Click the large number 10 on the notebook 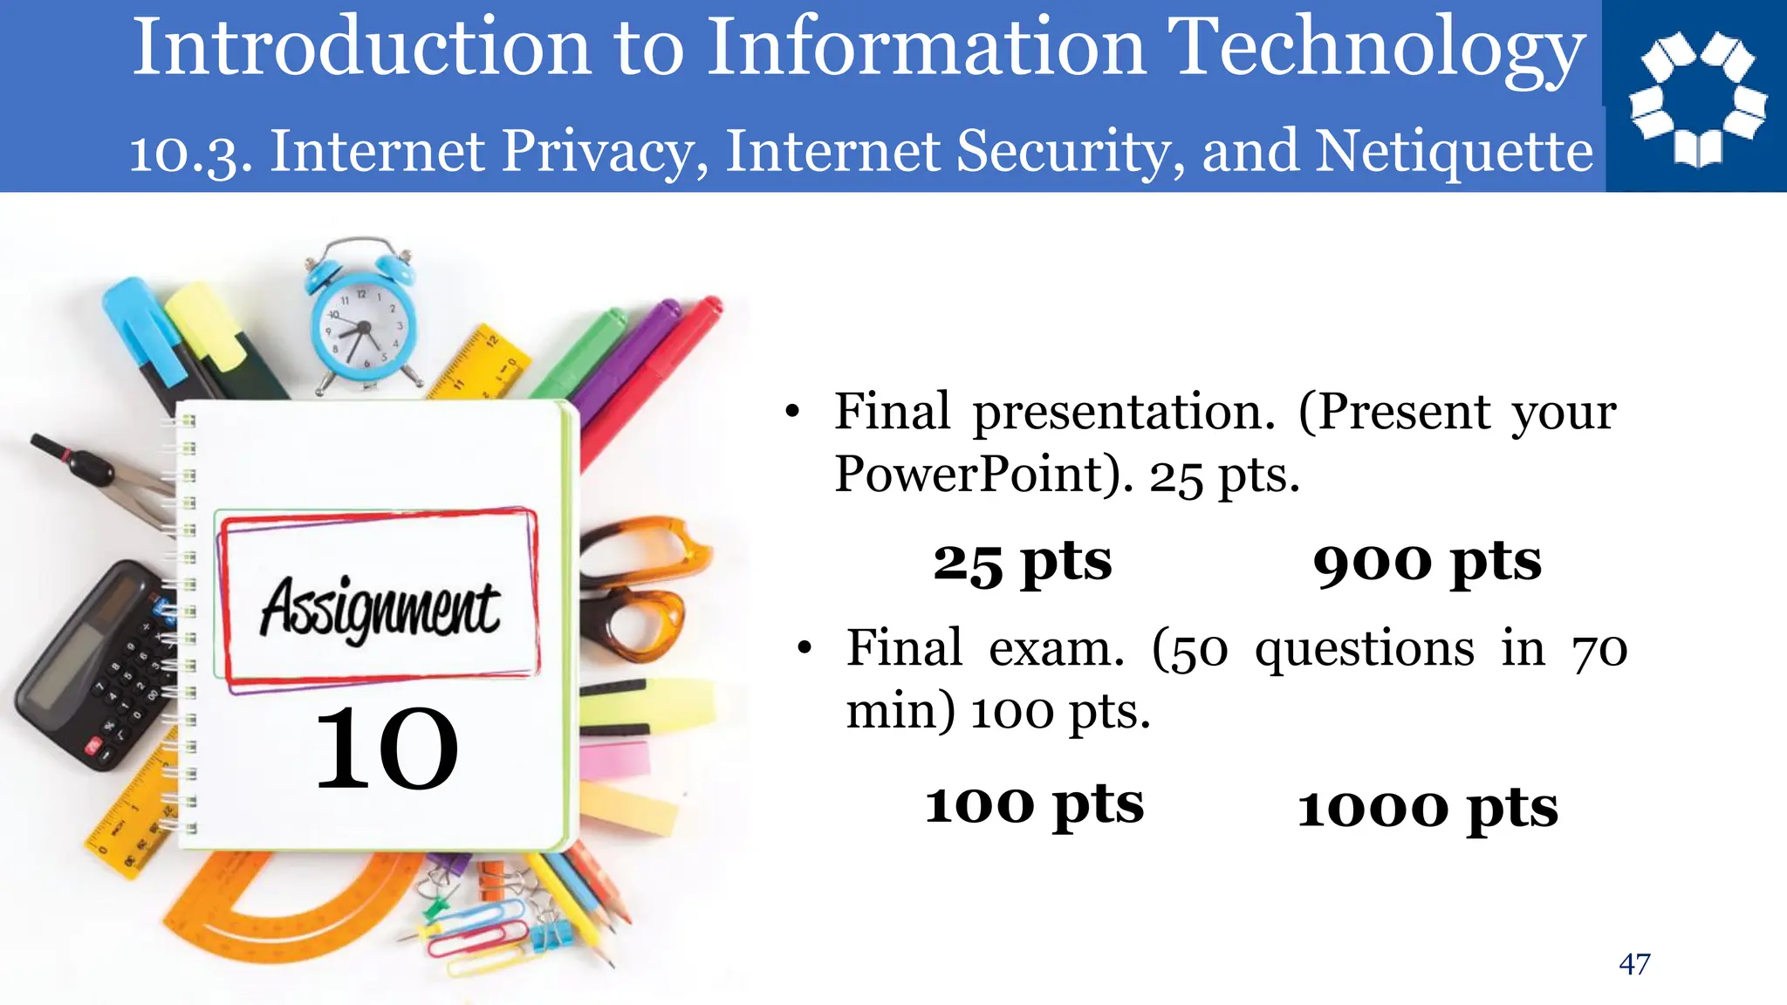[x=386, y=749]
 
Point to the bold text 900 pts [x=1427, y=563]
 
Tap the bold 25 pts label [x=1022, y=563]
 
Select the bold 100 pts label [x=1034, y=804]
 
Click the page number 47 [x=1634, y=964]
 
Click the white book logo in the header [x=1697, y=98]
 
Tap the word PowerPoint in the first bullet [x=983, y=475]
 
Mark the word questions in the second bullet [x=1365, y=650]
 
